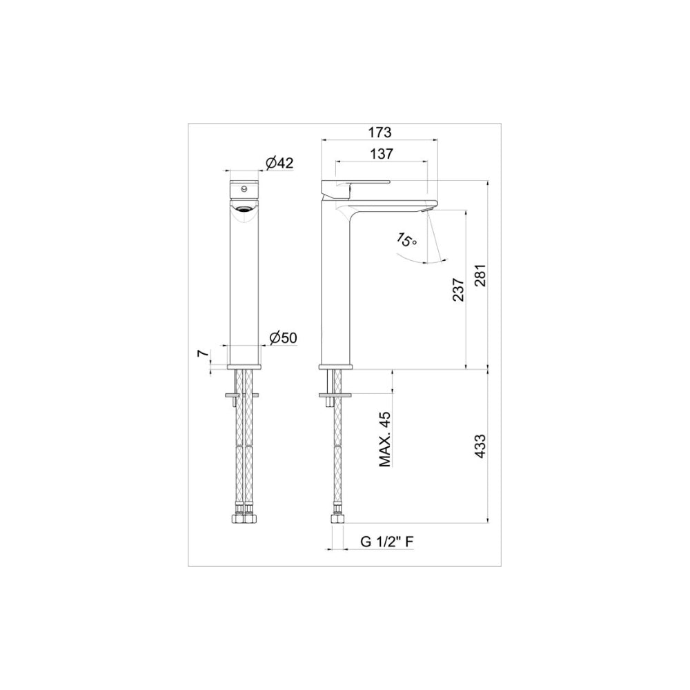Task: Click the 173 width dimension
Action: (380, 132)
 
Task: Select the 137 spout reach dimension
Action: (382, 154)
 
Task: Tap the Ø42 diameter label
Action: (279, 163)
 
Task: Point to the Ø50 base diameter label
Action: (284, 337)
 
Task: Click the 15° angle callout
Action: (406, 240)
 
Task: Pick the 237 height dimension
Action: (459, 289)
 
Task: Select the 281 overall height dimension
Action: (480, 275)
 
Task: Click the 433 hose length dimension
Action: (480, 446)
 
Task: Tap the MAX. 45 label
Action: (385, 440)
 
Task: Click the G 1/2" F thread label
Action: (387, 542)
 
